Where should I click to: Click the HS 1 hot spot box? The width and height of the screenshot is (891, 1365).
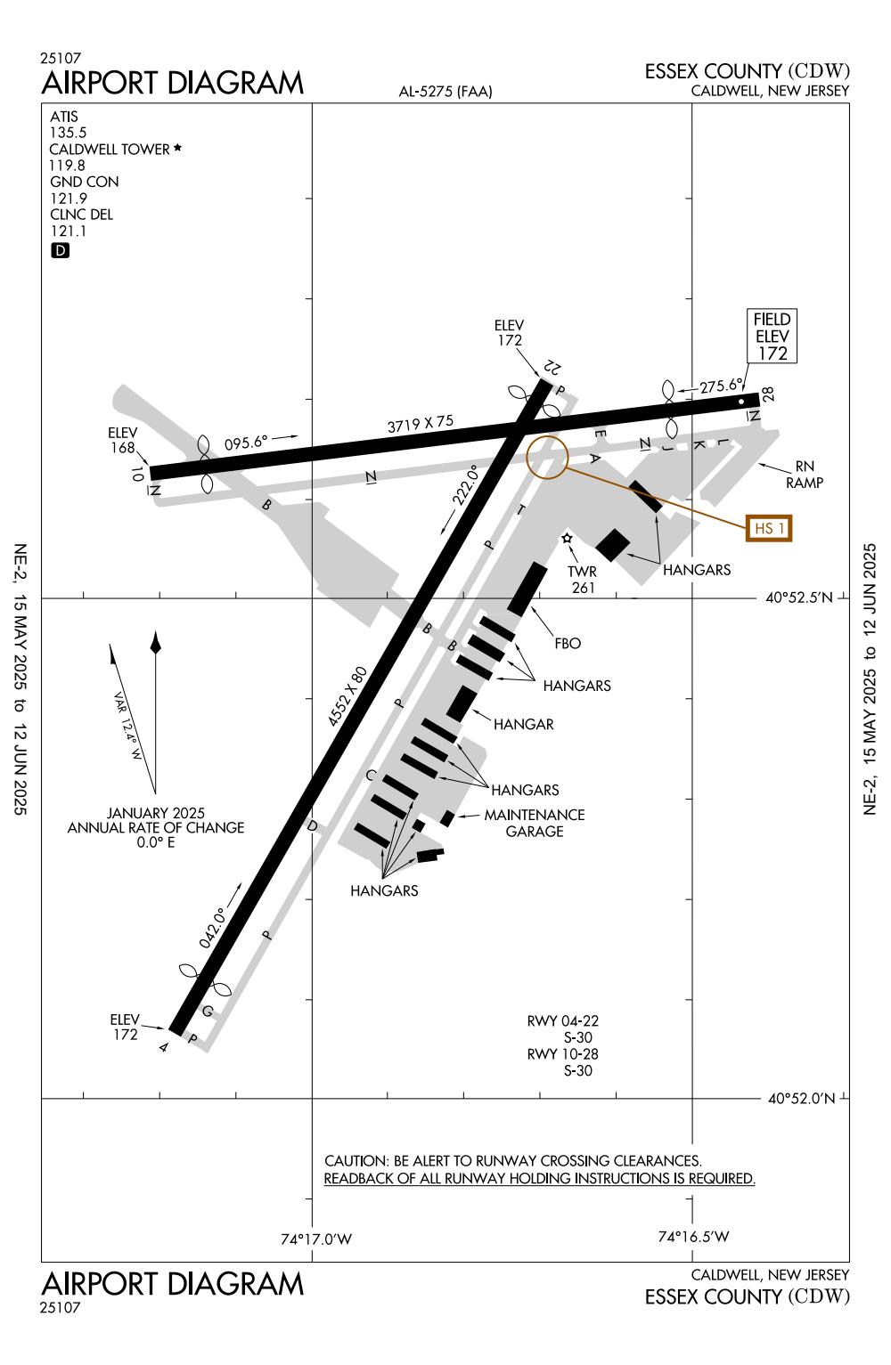click(769, 528)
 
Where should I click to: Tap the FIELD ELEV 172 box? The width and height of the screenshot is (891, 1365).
click(772, 337)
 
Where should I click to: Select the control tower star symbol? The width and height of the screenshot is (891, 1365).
click(567, 539)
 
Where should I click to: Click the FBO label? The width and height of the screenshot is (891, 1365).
click(567, 643)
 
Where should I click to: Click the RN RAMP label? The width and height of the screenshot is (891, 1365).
click(804, 475)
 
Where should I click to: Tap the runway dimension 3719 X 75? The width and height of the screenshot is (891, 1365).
click(421, 424)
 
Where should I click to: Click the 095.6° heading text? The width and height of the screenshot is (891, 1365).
click(246, 442)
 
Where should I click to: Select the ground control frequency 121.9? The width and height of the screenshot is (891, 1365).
click(68, 198)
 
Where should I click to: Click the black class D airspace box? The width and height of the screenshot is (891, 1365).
click(60, 250)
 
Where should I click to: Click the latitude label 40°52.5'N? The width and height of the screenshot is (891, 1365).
click(799, 597)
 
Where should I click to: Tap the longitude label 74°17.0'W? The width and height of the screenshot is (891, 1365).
click(316, 1239)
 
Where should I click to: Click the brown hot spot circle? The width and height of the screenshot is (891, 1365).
click(547, 458)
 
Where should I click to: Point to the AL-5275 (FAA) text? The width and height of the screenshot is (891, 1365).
click(445, 91)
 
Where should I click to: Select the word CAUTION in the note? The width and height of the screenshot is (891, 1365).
click(355, 1161)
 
